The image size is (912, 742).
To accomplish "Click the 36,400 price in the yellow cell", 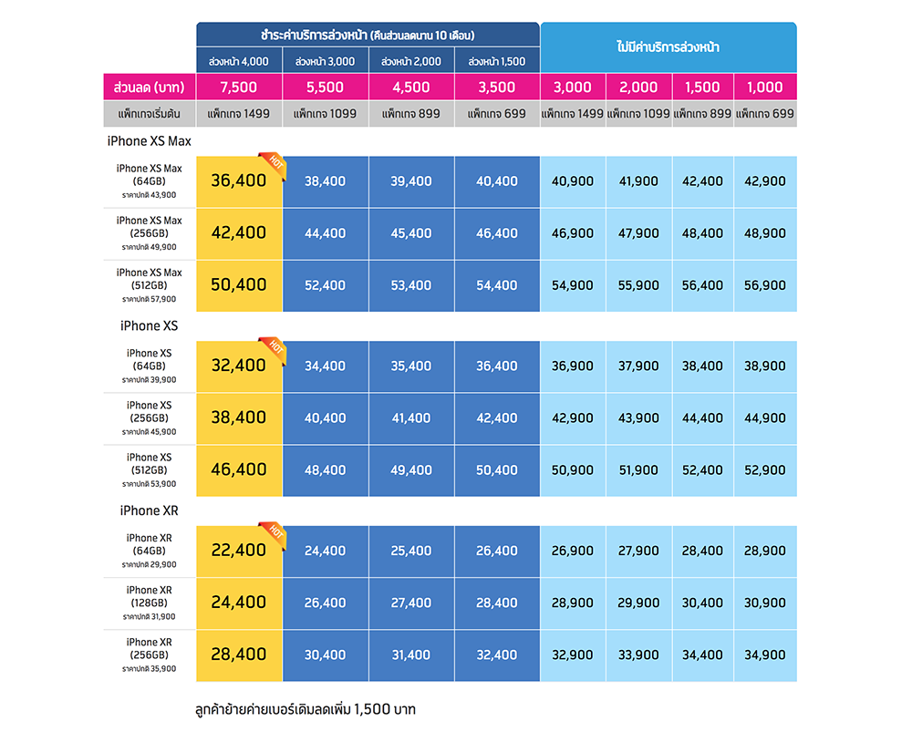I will pos(238,180).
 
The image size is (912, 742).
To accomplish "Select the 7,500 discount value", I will pos(239,88).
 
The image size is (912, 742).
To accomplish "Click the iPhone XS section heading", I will pos(149,325).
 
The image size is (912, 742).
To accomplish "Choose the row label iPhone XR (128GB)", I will pos(150,596).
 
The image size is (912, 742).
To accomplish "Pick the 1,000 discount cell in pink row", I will pos(764,88).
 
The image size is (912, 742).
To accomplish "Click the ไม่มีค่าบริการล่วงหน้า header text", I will pos(668,46).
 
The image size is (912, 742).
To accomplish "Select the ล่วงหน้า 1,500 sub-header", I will pos(497,62).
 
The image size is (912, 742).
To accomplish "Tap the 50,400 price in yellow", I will pos(238,285).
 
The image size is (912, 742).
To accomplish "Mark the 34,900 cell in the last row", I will pos(764,654).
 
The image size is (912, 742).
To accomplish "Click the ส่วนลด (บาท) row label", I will pos(150,88).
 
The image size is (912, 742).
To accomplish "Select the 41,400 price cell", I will pos(411,418).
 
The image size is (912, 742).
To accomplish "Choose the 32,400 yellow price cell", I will pos(238,366).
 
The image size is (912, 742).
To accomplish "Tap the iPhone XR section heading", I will pos(149,510).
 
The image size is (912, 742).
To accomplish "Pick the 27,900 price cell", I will pos(638,551).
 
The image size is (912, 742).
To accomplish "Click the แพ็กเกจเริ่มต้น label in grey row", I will pos(150,114).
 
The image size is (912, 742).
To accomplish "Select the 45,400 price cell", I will pos(411,233).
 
